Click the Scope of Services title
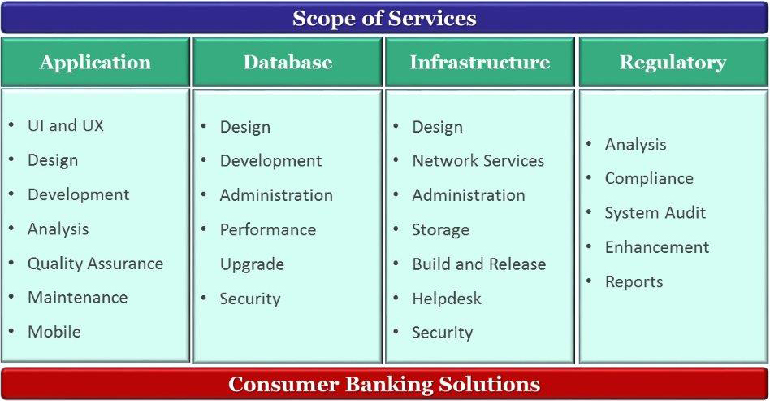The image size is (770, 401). click(x=384, y=19)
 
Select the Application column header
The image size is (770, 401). click(x=95, y=63)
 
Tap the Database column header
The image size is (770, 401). click(x=288, y=62)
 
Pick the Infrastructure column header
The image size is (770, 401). click(x=480, y=62)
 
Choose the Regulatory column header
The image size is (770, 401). click(x=673, y=63)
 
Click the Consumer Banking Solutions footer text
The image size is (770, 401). click(x=384, y=384)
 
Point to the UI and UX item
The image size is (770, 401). click(x=66, y=125)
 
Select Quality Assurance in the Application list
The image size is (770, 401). click(x=95, y=264)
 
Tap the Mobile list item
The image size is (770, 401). click(x=54, y=332)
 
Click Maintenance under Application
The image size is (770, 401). click(x=78, y=297)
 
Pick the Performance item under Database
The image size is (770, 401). click(x=268, y=229)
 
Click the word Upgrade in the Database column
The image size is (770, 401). click(x=252, y=264)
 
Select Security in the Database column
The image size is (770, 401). click(x=250, y=299)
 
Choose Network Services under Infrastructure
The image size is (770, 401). click(x=478, y=160)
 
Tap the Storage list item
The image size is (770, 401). click(x=440, y=229)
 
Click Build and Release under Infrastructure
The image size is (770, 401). click(x=478, y=264)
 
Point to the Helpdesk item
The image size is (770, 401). click(x=447, y=299)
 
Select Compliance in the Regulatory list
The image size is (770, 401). click(x=649, y=179)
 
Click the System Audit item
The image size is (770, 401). click(x=655, y=212)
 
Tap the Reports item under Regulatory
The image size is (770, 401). click(x=634, y=282)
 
